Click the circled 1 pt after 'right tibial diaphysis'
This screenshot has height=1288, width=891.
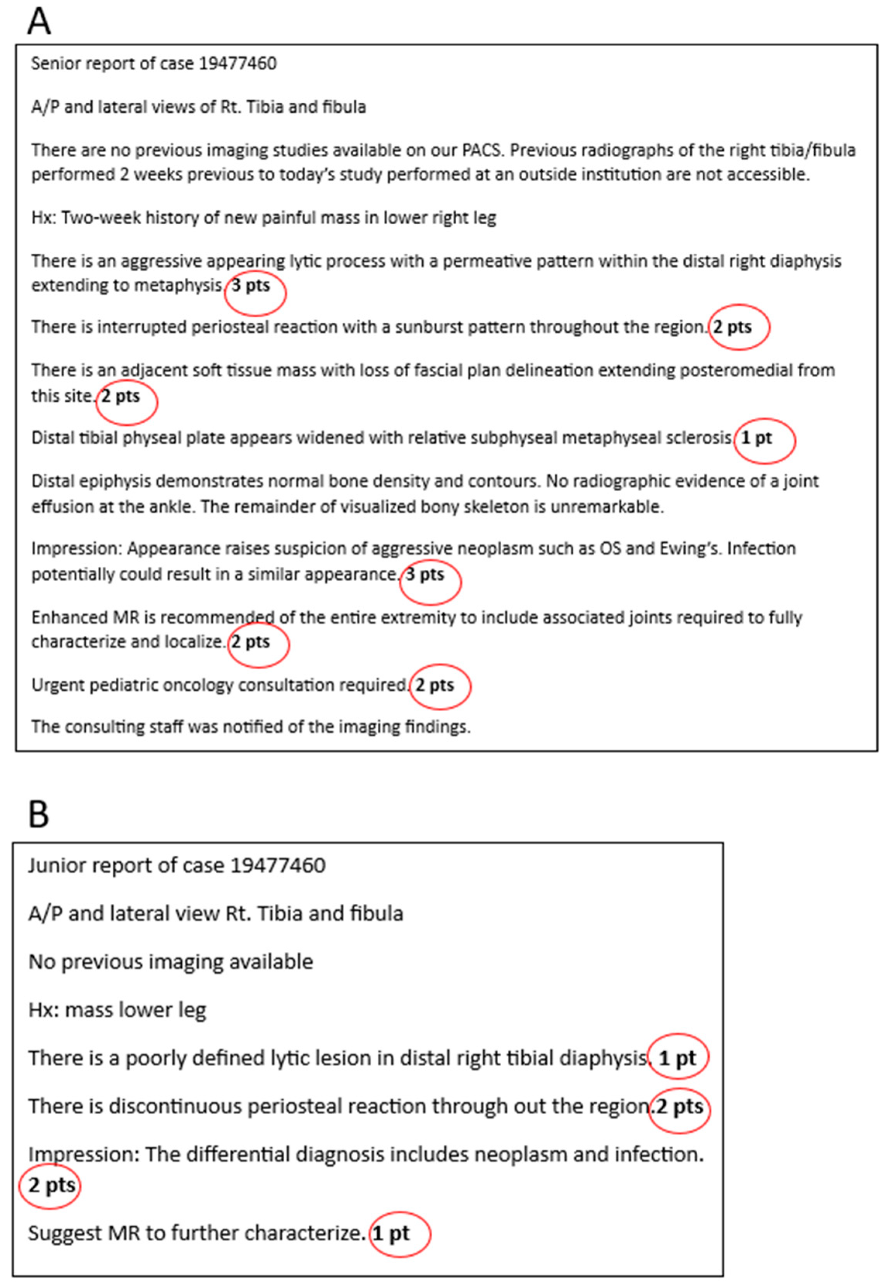click(677, 1058)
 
